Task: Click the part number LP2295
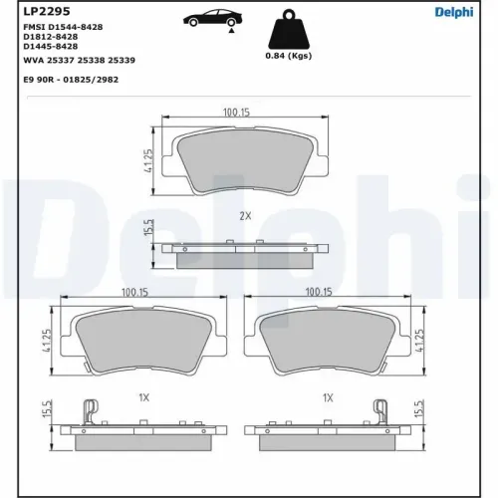pos(47,11)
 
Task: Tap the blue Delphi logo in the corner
pos(454,12)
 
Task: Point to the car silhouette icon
pos(212,19)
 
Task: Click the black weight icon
pos(289,29)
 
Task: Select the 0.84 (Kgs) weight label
pos(289,56)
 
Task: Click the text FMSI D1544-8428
pos(63,27)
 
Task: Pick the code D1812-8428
pos(51,37)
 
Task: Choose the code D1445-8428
pos(51,46)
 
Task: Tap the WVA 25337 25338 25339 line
pos(79,60)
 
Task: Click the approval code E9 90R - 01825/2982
pos(71,80)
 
